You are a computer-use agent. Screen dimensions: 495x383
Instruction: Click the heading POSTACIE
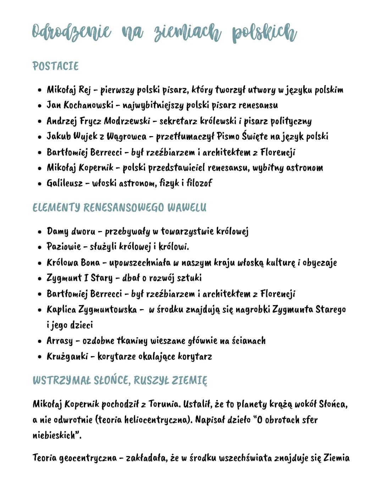coord(55,66)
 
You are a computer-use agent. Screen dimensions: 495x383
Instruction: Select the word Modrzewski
coord(127,121)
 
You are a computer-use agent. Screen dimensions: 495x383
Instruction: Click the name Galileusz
coord(65,183)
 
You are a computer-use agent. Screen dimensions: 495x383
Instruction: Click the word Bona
coord(90,263)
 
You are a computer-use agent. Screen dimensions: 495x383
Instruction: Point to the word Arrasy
coord(60,341)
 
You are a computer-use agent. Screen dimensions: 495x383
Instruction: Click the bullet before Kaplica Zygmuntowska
coord(40,310)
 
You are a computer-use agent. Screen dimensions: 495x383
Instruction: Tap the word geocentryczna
coord(88,458)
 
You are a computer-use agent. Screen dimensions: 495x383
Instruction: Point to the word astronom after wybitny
coord(305,168)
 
